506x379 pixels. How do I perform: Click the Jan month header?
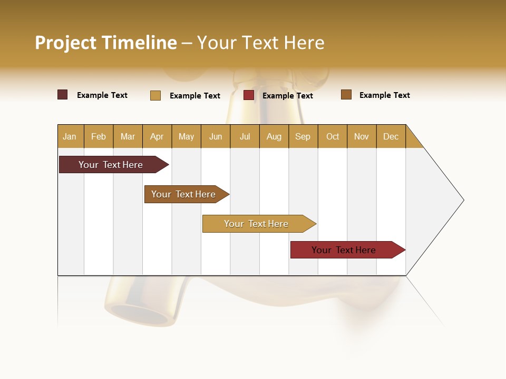tap(70, 136)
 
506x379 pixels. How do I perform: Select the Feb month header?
tap(99, 136)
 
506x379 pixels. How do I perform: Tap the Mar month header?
tap(128, 136)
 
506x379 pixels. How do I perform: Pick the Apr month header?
tap(157, 136)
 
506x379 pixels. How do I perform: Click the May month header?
tap(186, 136)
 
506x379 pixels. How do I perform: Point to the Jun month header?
tap(216, 136)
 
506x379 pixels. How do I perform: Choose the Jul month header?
tap(245, 136)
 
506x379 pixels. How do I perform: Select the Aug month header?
tap(274, 136)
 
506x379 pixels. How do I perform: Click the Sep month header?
tap(303, 136)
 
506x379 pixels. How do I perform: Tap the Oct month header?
tap(333, 136)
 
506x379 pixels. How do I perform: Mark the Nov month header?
tap(362, 136)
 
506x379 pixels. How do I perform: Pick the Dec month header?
tap(391, 136)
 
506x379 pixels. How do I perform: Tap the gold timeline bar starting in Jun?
tap(257, 224)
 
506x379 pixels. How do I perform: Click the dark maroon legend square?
tap(63, 95)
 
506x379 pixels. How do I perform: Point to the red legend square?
tap(249, 95)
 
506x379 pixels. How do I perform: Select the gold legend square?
tap(155, 95)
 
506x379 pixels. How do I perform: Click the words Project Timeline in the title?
tap(106, 43)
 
